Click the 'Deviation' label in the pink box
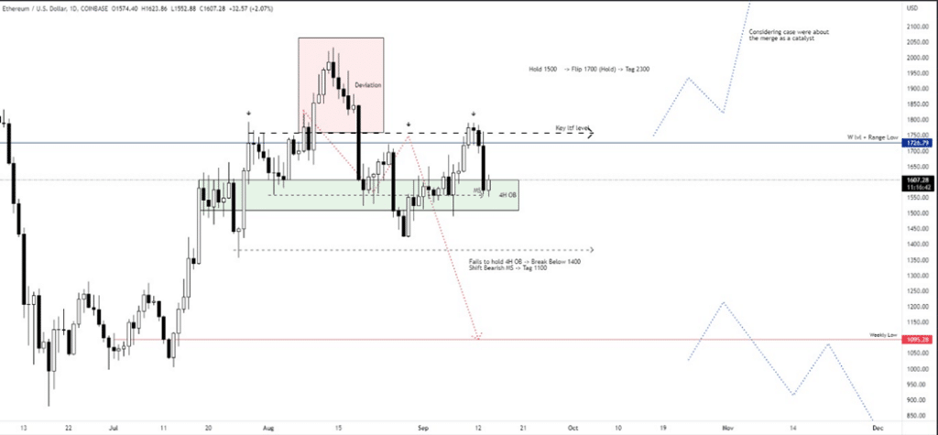click(367, 85)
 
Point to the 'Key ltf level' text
click(572, 127)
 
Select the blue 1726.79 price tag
click(917, 143)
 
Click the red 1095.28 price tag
click(917, 340)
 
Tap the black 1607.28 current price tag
click(917, 180)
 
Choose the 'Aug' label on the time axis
click(267, 427)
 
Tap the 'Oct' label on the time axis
click(573, 427)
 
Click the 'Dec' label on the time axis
click(877, 427)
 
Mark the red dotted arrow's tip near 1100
click(477, 338)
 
